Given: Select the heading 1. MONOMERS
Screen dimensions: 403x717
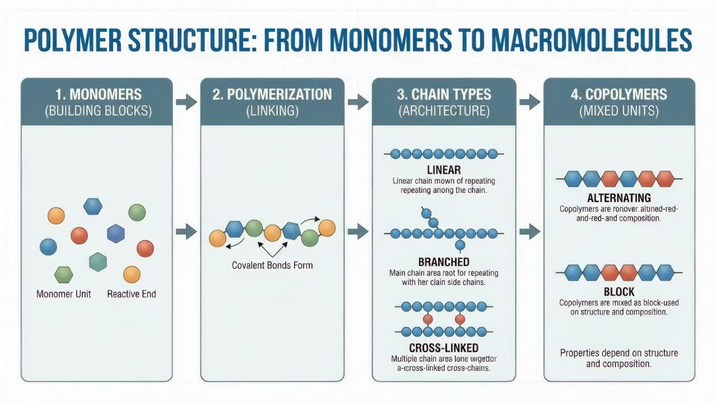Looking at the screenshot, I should click(x=98, y=94).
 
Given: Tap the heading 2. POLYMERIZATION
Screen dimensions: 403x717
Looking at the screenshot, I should click(x=272, y=94).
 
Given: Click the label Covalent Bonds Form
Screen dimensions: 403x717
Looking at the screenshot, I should click(x=272, y=265).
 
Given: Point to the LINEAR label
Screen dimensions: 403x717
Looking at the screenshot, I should click(x=444, y=170).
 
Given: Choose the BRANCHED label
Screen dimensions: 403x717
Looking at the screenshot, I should click(x=444, y=261).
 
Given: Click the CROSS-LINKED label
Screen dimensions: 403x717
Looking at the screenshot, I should click(x=444, y=348).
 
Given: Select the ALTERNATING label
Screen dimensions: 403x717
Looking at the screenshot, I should click(x=619, y=198).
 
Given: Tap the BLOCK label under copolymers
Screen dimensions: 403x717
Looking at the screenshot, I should click(x=619, y=292).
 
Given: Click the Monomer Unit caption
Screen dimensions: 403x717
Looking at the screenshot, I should click(x=63, y=294).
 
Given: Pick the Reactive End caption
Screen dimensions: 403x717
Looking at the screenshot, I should click(x=132, y=294).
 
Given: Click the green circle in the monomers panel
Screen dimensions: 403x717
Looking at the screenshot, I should click(x=137, y=213).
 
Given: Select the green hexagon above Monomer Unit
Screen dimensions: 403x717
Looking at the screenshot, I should click(x=63, y=274).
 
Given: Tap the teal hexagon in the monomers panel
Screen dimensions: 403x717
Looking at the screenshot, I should click(x=98, y=261).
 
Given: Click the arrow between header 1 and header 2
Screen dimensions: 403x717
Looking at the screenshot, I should click(x=187, y=102).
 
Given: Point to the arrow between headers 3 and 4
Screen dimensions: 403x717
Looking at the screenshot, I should click(x=529, y=102).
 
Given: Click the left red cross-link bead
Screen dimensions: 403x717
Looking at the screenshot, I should click(x=427, y=319).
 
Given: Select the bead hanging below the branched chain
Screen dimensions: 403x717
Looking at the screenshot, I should click(x=460, y=245).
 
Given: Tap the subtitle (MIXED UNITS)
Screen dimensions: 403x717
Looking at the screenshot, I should click(x=619, y=111).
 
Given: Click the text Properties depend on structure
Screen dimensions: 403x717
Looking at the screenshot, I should click(x=619, y=353).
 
